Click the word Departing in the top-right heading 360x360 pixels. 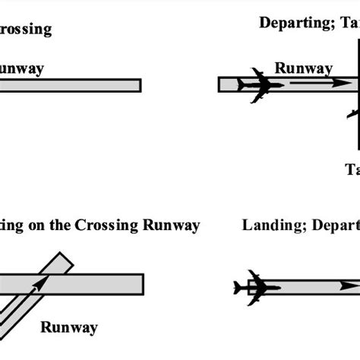291,23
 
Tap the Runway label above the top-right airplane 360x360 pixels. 303,68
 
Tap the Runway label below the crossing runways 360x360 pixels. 69,328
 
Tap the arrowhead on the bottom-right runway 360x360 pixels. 348,286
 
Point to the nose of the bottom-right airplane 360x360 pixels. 279,287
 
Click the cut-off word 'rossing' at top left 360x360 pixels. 26,30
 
